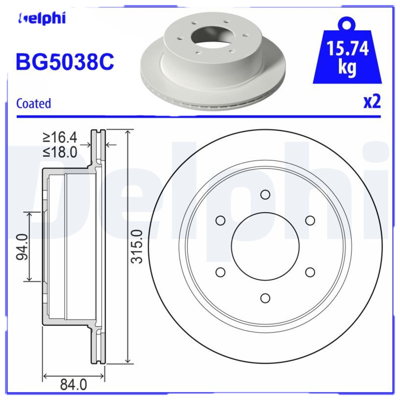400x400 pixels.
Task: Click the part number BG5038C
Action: pyautogui.click(x=65, y=62)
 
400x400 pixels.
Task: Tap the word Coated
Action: pyautogui.click(x=33, y=103)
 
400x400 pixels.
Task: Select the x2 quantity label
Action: pyautogui.click(x=371, y=101)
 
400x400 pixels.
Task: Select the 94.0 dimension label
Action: pyautogui.click(x=21, y=246)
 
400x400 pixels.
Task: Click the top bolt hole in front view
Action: pyautogui.click(x=265, y=194)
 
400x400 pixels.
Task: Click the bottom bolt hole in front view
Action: pyautogui.click(x=265, y=297)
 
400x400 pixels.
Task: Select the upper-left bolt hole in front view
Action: pyautogui.click(x=220, y=220)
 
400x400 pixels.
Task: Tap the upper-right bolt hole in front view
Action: pyautogui.click(x=310, y=220)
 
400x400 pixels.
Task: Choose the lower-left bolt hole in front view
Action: pyautogui.click(x=220, y=272)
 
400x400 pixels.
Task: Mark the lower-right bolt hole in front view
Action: pyautogui.click(x=310, y=272)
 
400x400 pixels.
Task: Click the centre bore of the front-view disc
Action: pyautogui.click(x=265, y=246)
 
